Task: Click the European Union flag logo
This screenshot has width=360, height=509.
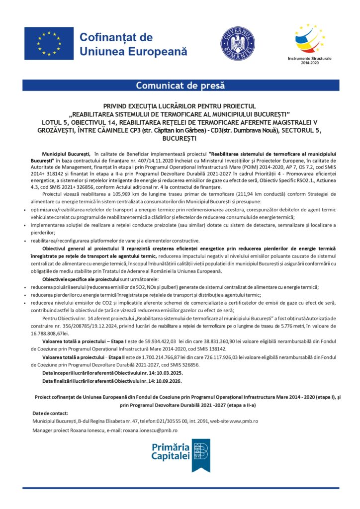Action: [49, 43]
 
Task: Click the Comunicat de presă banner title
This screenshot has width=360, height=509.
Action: [180, 85]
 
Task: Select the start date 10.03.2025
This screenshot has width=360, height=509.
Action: [165, 372]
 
